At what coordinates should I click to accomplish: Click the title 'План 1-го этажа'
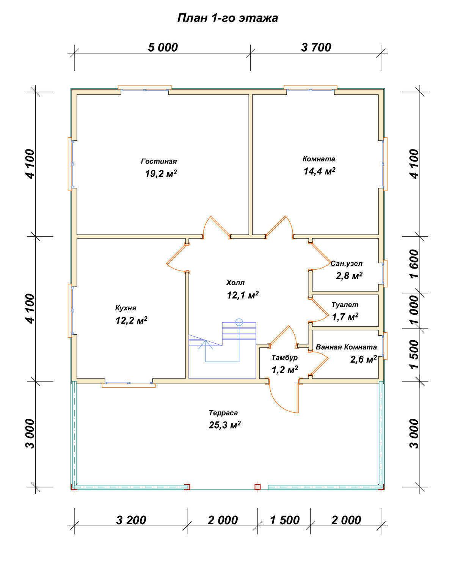[227, 18]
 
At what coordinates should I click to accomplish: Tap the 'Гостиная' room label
[159, 161]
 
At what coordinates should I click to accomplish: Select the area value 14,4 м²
[319, 171]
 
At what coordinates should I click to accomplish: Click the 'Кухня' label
[126, 308]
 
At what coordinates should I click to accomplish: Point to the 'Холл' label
[235, 283]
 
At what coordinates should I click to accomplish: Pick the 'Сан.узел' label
[347, 263]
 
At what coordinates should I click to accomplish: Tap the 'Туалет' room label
[345, 305]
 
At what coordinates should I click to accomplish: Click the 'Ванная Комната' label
[346, 347]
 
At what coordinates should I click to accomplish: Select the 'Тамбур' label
[285, 358]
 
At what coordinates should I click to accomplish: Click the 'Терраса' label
[223, 413]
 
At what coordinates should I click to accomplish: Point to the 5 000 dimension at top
[163, 47]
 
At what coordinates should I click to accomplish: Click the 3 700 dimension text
[316, 47]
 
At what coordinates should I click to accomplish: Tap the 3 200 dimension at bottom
[131, 520]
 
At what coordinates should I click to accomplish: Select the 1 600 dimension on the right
[414, 264]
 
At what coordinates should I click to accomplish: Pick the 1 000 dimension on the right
[414, 310]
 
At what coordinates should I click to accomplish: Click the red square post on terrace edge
[257, 487]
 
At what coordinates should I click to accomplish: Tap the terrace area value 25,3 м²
[224, 425]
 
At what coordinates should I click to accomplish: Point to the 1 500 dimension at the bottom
[285, 520]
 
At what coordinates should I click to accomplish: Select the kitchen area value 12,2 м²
[131, 321]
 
